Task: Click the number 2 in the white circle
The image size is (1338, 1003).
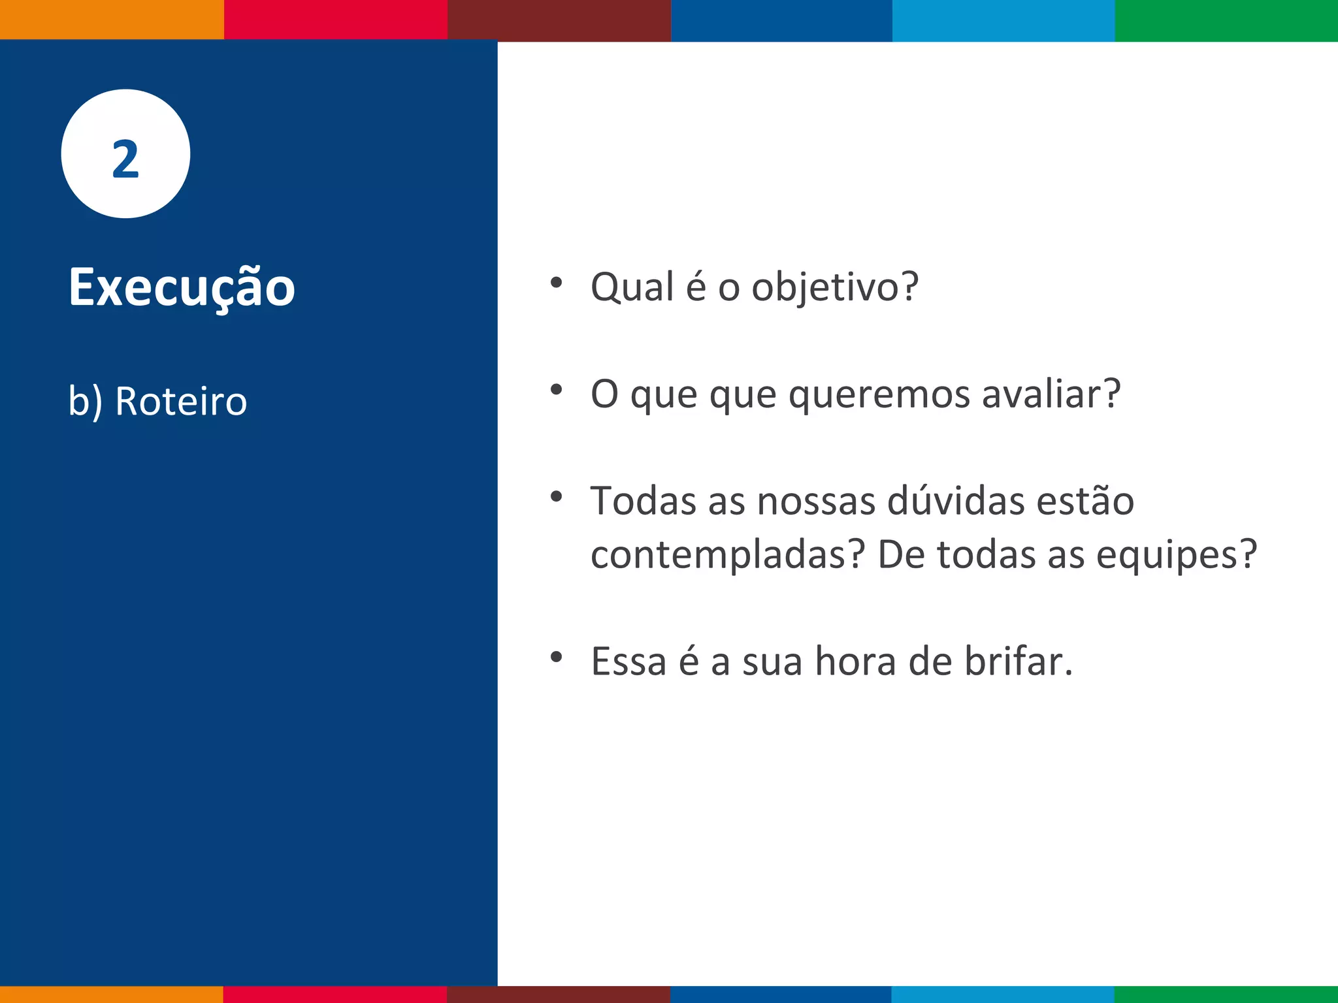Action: pyautogui.click(x=125, y=159)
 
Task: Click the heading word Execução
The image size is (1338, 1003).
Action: pyautogui.click(x=182, y=287)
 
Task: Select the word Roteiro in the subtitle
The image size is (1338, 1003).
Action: pyautogui.click(x=181, y=401)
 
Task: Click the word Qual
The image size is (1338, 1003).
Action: pyautogui.click(x=632, y=287)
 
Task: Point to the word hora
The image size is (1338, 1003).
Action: pyautogui.click(x=856, y=661)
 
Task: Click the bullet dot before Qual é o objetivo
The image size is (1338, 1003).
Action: pyautogui.click(x=556, y=283)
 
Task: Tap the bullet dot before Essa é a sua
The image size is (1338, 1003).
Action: pyautogui.click(x=556, y=657)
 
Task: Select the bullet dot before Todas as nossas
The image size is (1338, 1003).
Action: pyautogui.click(x=556, y=497)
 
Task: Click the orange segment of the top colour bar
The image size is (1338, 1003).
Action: pyautogui.click(x=111, y=20)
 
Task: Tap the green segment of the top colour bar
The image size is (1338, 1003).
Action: pyautogui.click(x=1226, y=20)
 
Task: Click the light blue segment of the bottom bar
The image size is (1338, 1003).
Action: pyautogui.click(x=1003, y=994)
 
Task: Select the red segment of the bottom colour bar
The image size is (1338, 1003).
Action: pyautogui.click(x=334, y=994)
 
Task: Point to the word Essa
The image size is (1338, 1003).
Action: pyautogui.click(x=628, y=661)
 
